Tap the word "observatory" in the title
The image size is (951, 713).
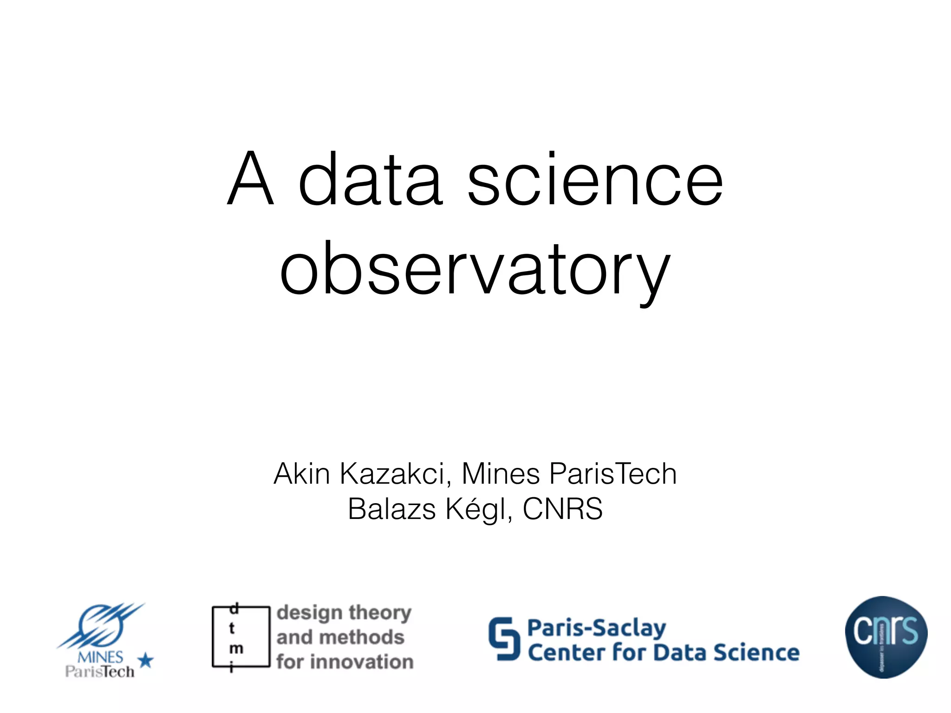475,269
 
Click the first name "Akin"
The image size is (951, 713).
302,474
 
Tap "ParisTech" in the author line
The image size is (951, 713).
613,474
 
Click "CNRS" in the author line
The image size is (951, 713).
563,509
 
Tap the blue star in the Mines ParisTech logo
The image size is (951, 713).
146,660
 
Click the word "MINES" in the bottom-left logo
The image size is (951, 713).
100,657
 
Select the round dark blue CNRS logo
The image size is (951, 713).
886,637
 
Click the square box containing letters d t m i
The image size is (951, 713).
241,636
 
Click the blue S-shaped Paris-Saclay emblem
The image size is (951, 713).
504,638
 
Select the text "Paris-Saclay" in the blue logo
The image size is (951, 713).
597,628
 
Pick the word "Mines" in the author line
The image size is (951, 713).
500,474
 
